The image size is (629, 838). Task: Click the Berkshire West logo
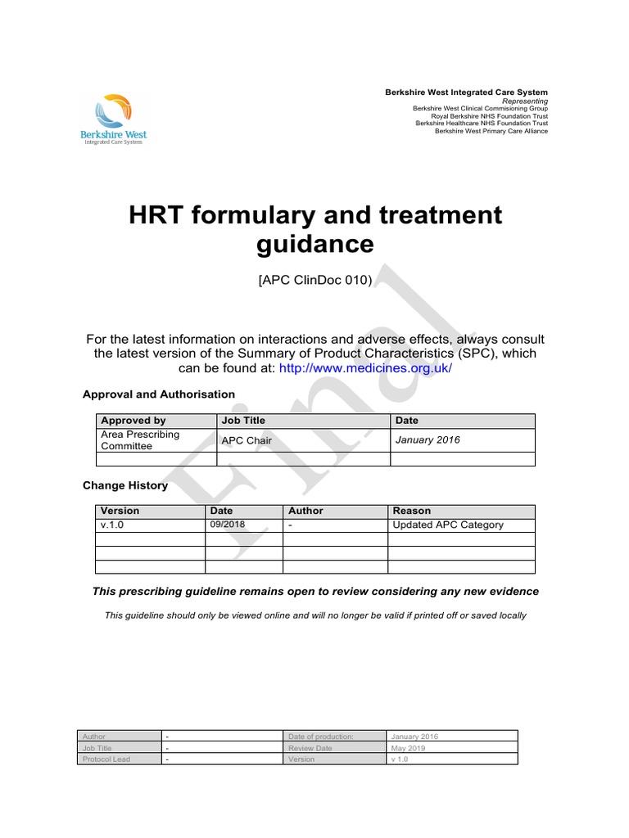[x=115, y=120]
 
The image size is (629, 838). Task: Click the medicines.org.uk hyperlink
[x=365, y=368]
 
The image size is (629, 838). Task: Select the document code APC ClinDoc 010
[x=315, y=280]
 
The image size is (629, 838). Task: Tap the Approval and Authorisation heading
[x=159, y=394]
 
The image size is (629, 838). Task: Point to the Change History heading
[x=125, y=485]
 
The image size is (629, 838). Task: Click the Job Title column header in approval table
[x=243, y=421]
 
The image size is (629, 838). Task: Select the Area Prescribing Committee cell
[x=140, y=439]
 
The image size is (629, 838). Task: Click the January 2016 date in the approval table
[x=428, y=439]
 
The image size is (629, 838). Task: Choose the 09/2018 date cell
[x=228, y=525]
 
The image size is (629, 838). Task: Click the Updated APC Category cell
[x=448, y=525]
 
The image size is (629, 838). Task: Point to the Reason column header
[x=412, y=511]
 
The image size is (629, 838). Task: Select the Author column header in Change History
[x=306, y=511]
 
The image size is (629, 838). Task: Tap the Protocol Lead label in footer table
[x=106, y=759]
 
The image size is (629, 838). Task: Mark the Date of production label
[x=320, y=737]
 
